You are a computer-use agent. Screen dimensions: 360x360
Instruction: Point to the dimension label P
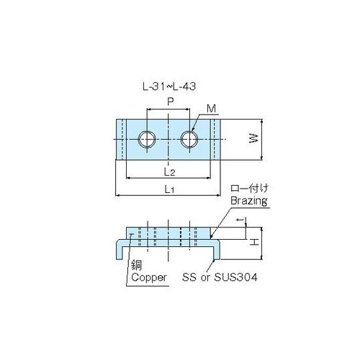169,102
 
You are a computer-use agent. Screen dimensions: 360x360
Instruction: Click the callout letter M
210,109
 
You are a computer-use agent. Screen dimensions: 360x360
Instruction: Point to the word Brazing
249,202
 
